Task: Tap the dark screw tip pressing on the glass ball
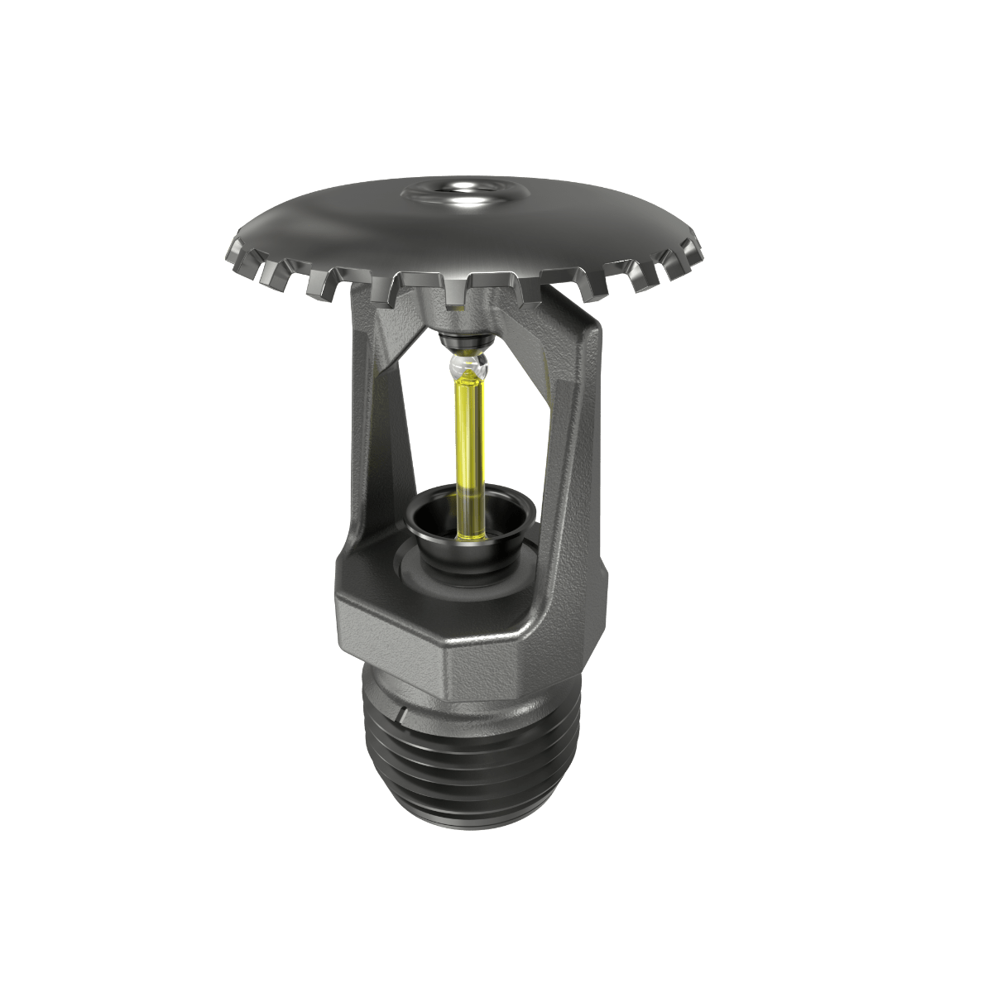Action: click(463, 340)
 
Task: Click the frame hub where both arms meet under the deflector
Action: click(463, 319)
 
